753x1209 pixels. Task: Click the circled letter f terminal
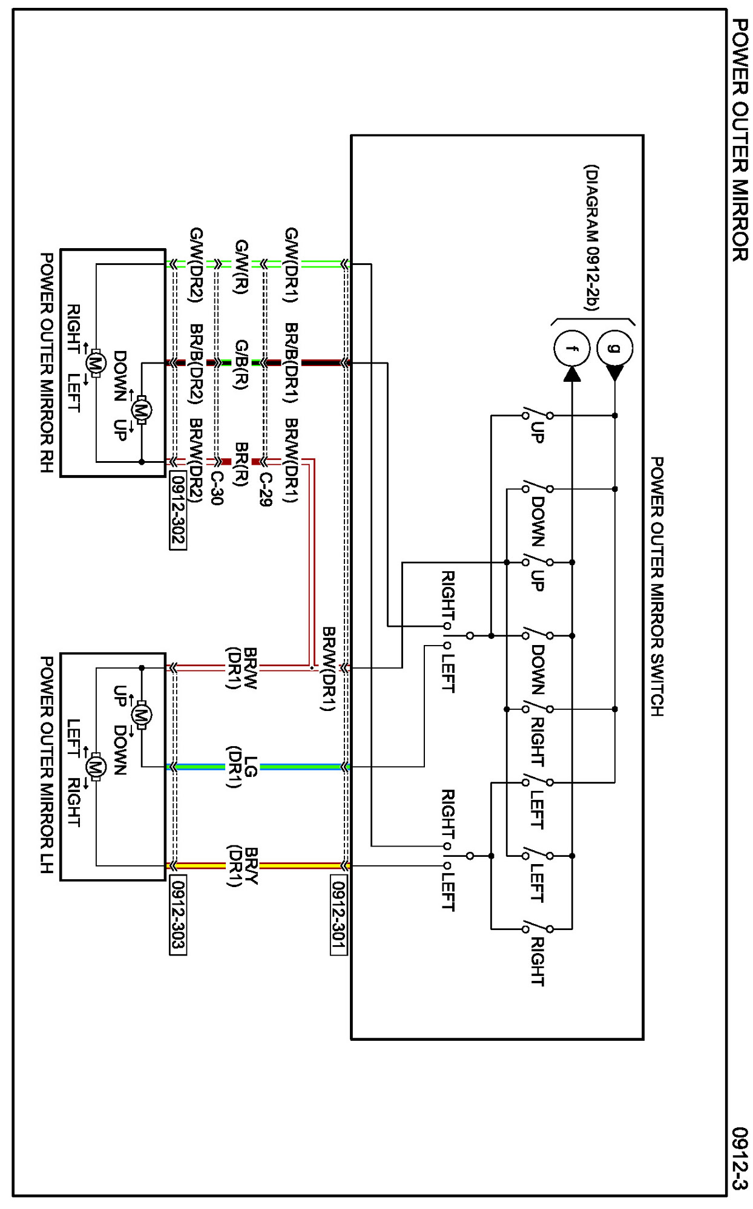[x=571, y=349]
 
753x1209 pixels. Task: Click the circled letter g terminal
[x=614, y=349]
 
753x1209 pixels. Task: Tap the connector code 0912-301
[x=339, y=914]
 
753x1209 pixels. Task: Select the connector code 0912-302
[x=178, y=511]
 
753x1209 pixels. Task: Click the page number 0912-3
[x=740, y=1158]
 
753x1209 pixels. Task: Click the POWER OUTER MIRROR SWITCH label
[x=657, y=586]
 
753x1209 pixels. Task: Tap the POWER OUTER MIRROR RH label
[x=47, y=362]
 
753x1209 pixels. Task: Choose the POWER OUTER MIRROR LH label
[x=47, y=765]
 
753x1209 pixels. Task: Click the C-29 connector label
[x=265, y=489]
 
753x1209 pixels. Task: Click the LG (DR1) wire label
[x=242, y=767]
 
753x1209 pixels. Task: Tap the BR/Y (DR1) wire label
[x=243, y=866]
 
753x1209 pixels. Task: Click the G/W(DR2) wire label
[x=196, y=265]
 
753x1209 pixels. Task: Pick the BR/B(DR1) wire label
[x=291, y=362]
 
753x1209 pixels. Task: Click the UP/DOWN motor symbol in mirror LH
[x=142, y=715]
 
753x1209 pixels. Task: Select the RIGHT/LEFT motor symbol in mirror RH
[x=94, y=363]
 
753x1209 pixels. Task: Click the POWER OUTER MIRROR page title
[x=740, y=140]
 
